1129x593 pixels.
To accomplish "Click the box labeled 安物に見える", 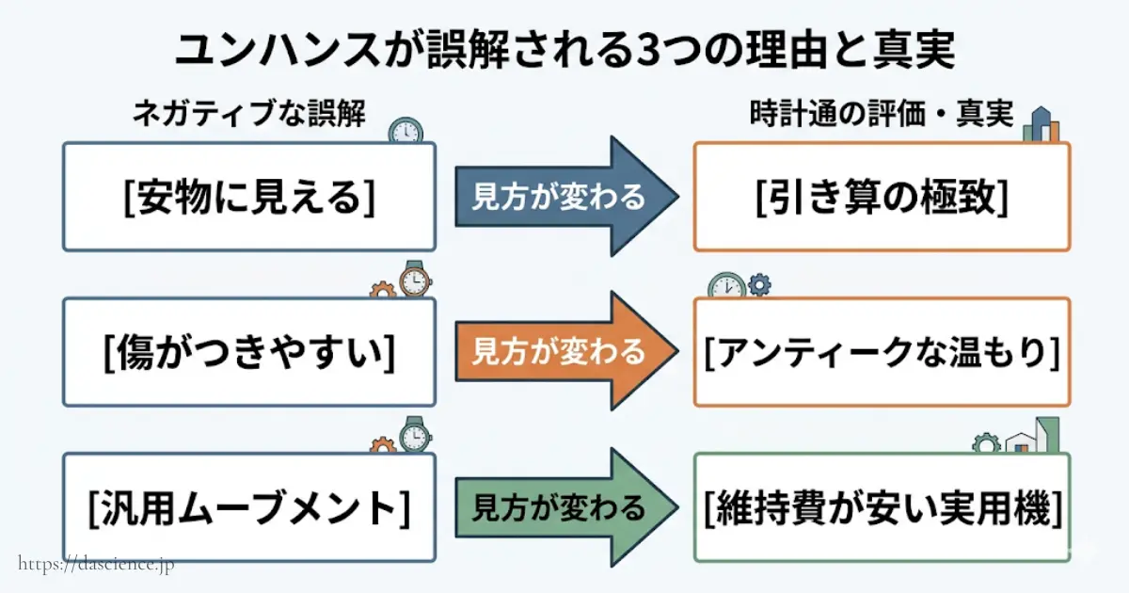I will (x=249, y=197).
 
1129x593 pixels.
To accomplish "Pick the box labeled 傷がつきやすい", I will (x=249, y=352).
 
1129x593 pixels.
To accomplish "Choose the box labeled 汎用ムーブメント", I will (x=249, y=508).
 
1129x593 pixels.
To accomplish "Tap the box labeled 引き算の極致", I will (x=882, y=197).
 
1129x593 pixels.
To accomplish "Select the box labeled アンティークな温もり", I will (x=882, y=352).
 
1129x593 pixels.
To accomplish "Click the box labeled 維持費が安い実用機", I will (x=882, y=508).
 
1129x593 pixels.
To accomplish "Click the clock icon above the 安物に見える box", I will (x=405, y=131).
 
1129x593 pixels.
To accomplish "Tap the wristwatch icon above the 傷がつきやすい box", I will (x=415, y=280).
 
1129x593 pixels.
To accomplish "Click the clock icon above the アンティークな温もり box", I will (x=726, y=285).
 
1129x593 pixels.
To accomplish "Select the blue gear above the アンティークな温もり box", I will (x=759, y=282).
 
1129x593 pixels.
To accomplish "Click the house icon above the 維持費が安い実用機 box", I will (x=1021, y=441).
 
